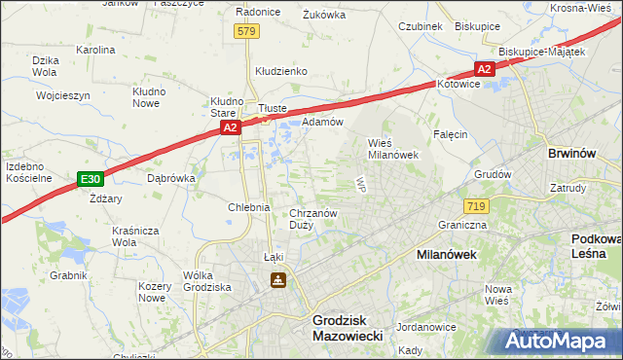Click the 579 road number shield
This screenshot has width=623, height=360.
(x=246, y=31)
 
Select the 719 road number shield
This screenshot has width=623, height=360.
(x=476, y=206)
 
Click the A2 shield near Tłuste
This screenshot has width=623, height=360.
(x=230, y=127)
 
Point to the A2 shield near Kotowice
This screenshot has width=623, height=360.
(x=484, y=69)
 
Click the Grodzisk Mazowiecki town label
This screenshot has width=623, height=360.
(x=347, y=326)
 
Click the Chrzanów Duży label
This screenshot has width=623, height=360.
(x=313, y=218)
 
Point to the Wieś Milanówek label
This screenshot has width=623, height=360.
(x=392, y=148)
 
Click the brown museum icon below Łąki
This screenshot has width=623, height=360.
(x=278, y=281)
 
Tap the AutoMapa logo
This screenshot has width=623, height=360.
(x=561, y=342)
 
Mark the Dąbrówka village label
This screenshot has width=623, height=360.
(x=171, y=179)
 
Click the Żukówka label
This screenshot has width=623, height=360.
(x=325, y=15)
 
